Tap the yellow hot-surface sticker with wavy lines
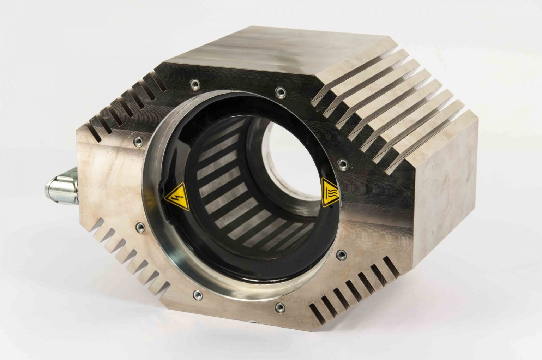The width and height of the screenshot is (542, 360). click(330, 193)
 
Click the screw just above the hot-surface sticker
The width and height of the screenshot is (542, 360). click(342, 163)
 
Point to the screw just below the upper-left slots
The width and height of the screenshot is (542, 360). click(137, 142)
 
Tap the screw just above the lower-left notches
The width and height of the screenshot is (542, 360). click(140, 226)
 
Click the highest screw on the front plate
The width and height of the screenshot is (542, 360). click(194, 84)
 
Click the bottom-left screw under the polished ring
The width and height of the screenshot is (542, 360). click(197, 294)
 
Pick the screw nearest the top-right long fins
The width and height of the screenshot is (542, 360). click(280, 92)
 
